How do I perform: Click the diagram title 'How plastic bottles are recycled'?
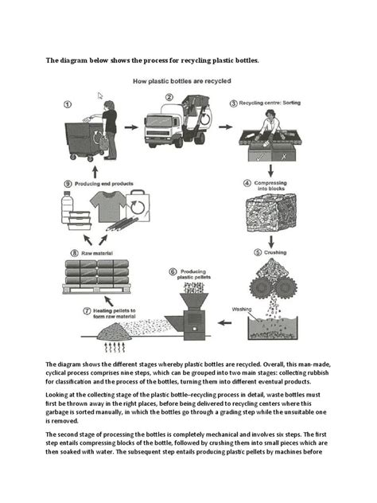pyautogui.click(x=188, y=80)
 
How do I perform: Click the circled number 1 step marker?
pyautogui.click(x=67, y=103)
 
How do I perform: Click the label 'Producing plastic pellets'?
pyautogui.click(x=193, y=275)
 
